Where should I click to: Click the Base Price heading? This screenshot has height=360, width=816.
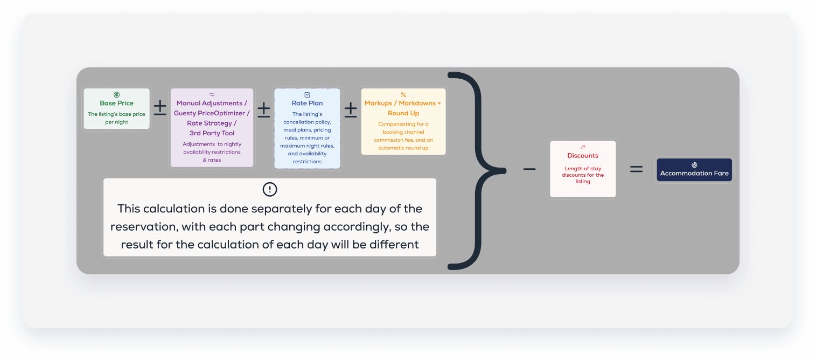pyautogui.click(x=116, y=103)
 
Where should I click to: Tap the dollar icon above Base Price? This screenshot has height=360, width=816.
pyautogui.click(x=116, y=95)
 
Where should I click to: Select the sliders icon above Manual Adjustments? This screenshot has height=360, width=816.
pyautogui.click(x=212, y=95)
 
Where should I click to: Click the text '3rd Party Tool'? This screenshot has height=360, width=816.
pyautogui.click(x=212, y=133)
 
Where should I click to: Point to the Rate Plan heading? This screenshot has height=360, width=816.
pyautogui.click(x=307, y=103)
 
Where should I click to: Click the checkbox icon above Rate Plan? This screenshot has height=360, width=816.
pyautogui.click(x=307, y=95)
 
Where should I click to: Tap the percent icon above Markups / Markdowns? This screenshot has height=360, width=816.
pyautogui.click(x=403, y=95)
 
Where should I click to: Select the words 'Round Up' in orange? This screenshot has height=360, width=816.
pyautogui.click(x=403, y=113)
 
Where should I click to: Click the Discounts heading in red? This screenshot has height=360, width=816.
pyautogui.click(x=583, y=155)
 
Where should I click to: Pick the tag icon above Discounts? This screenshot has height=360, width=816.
pyautogui.click(x=583, y=147)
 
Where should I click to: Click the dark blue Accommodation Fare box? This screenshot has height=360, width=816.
pyautogui.click(x=694, y=170)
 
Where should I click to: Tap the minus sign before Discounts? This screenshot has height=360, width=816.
pyautogui.click(x=529, y=169)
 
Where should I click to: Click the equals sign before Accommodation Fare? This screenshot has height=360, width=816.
pyautogui.click(x=636, y=169)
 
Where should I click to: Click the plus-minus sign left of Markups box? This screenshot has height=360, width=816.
pyautogui.click(x=351, y=109)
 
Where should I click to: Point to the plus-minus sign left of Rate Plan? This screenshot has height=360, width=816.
pyautogui.click(x=263, y=109)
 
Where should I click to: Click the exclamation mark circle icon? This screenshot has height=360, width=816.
pyautogui.click(x=269, y=189)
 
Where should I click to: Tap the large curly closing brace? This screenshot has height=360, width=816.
pyautogui.click(x=476, y=170)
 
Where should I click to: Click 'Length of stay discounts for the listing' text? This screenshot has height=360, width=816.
pyautogui.click(x=583, y=175)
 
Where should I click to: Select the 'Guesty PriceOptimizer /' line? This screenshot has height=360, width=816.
pyautogui.click(x=212, y=113)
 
